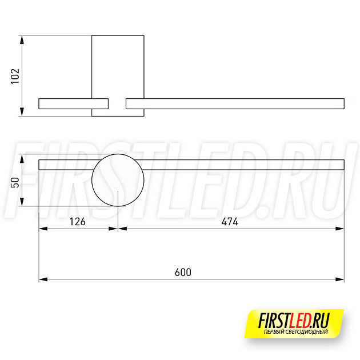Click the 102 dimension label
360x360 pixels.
pos(15,76)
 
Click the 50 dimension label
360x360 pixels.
pos(15,182)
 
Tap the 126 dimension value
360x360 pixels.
pos(77,222)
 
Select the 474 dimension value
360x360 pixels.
pos(230,222)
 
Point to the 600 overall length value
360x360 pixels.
pos(183,273)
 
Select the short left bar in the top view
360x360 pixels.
pos(74,99)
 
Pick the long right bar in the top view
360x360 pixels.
pos(235,99)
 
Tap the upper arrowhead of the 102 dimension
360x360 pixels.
pos(22,40)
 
